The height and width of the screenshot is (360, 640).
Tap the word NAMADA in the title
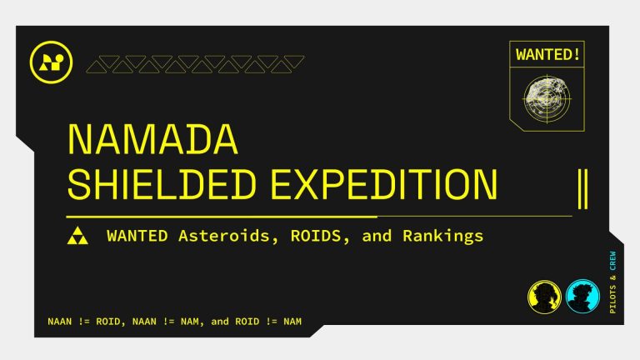152,140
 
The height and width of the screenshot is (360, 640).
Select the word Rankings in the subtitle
442,236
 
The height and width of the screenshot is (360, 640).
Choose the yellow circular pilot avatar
544,296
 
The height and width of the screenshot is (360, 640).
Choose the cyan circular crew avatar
582,296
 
